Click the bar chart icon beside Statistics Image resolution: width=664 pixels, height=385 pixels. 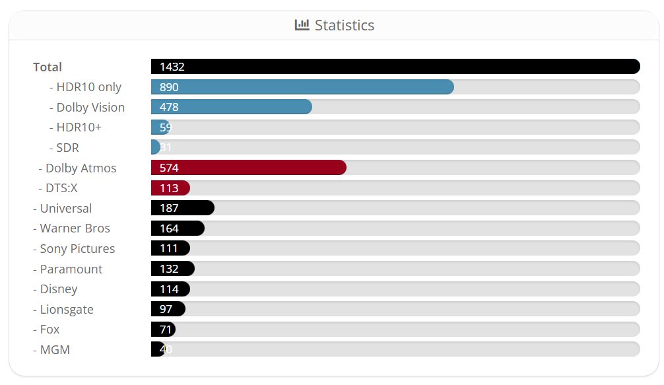coord(302,25)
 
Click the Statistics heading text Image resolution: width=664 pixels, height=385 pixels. coord(345,25)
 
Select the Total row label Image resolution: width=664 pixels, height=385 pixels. coord(48,67)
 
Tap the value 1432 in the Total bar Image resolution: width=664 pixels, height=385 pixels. coord(172,67)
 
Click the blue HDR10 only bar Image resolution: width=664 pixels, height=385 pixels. coord(302,87)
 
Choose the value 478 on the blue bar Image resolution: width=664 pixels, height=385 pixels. coord(169,107)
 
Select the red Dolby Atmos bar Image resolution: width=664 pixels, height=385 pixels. coord(248,168)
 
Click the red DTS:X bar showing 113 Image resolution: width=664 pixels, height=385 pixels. coord(170,188)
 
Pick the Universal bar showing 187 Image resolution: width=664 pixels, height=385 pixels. coord(182,208)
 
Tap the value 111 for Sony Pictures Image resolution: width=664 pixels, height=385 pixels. coord(169,249)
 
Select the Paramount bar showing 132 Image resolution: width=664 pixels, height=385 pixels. coord(172,269)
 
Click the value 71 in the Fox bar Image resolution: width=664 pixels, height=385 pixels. coord(165,330)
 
